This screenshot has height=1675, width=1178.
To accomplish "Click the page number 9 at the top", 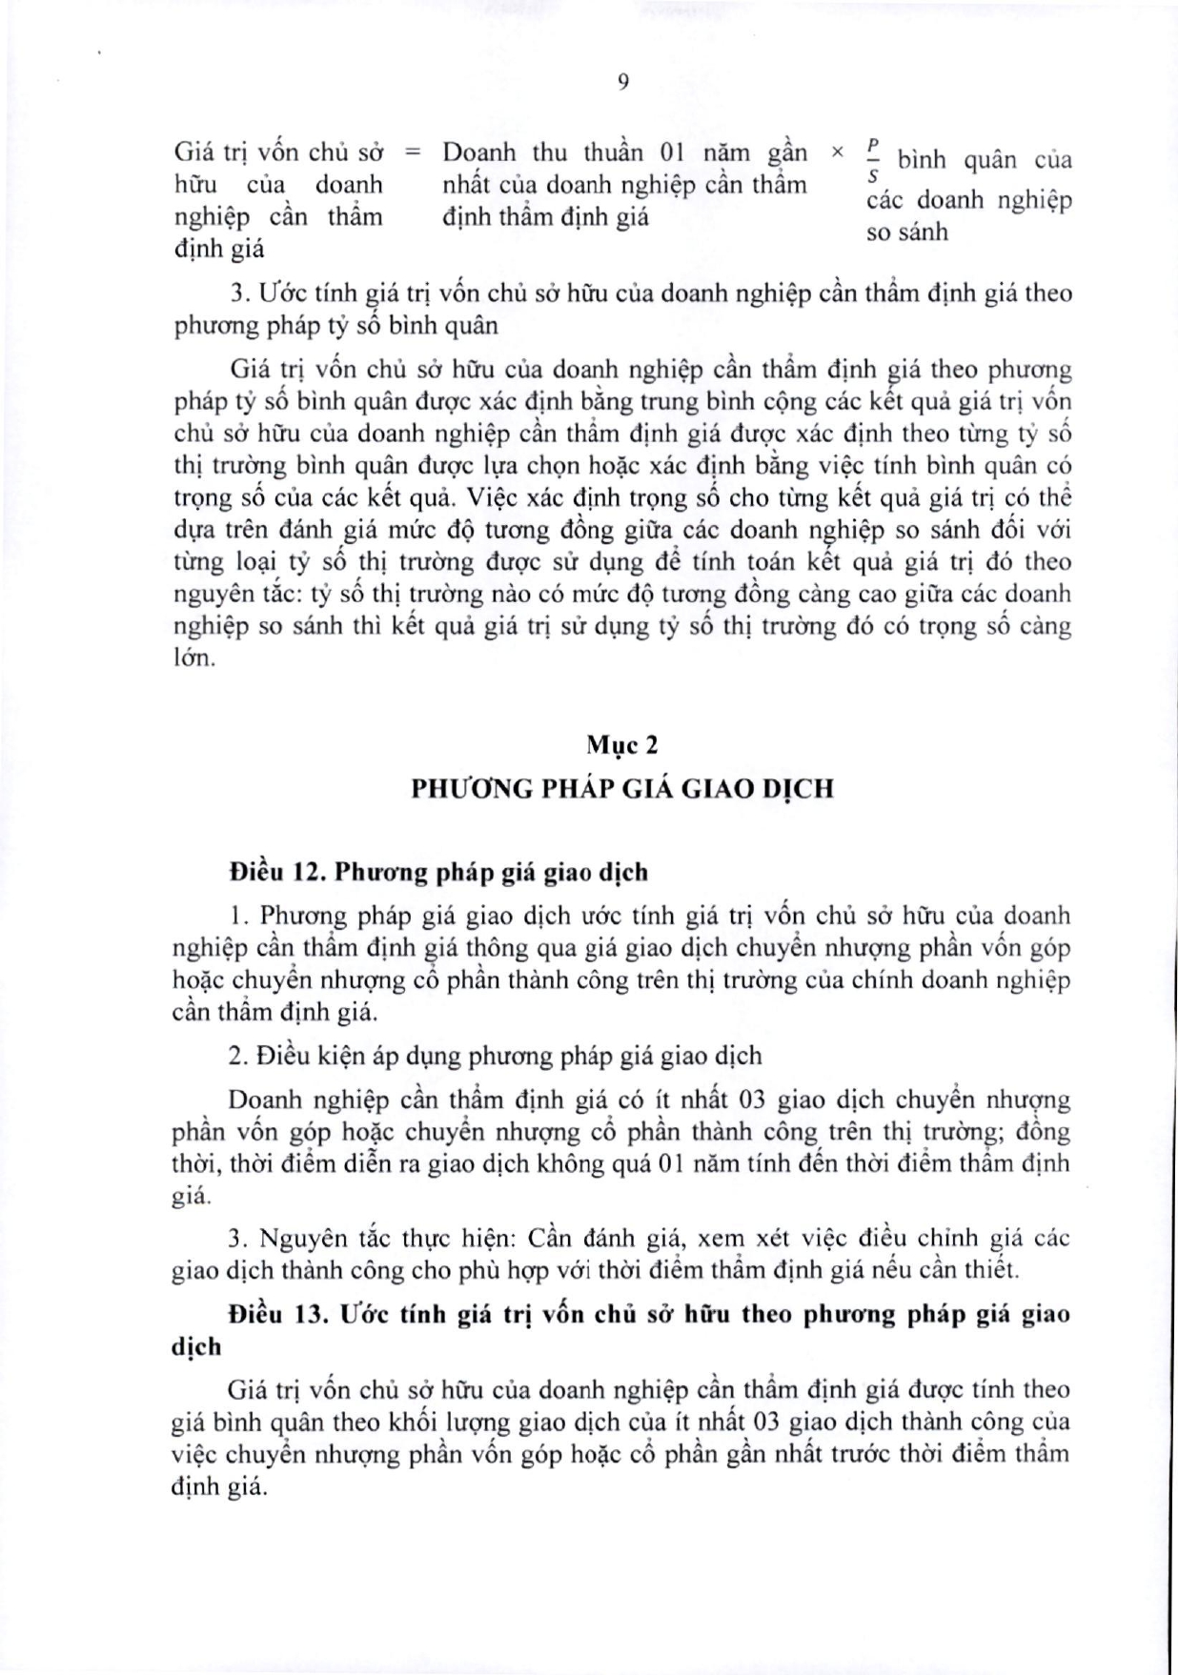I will (622, 82).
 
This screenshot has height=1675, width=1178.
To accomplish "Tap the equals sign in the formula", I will (413, 151).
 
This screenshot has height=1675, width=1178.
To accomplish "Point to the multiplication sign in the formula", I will (838, 151).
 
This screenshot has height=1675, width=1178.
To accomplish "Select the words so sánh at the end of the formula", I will (907, 232).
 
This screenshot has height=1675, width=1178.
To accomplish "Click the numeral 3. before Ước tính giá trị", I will (237, 293).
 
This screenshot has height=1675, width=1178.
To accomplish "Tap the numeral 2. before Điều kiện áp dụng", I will (237, 1056).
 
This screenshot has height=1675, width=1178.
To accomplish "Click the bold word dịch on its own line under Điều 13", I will (196, 1346).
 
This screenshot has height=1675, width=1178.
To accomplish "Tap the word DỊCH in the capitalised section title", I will (799, 789).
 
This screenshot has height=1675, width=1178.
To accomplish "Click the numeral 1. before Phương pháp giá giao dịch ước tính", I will (238, 916).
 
